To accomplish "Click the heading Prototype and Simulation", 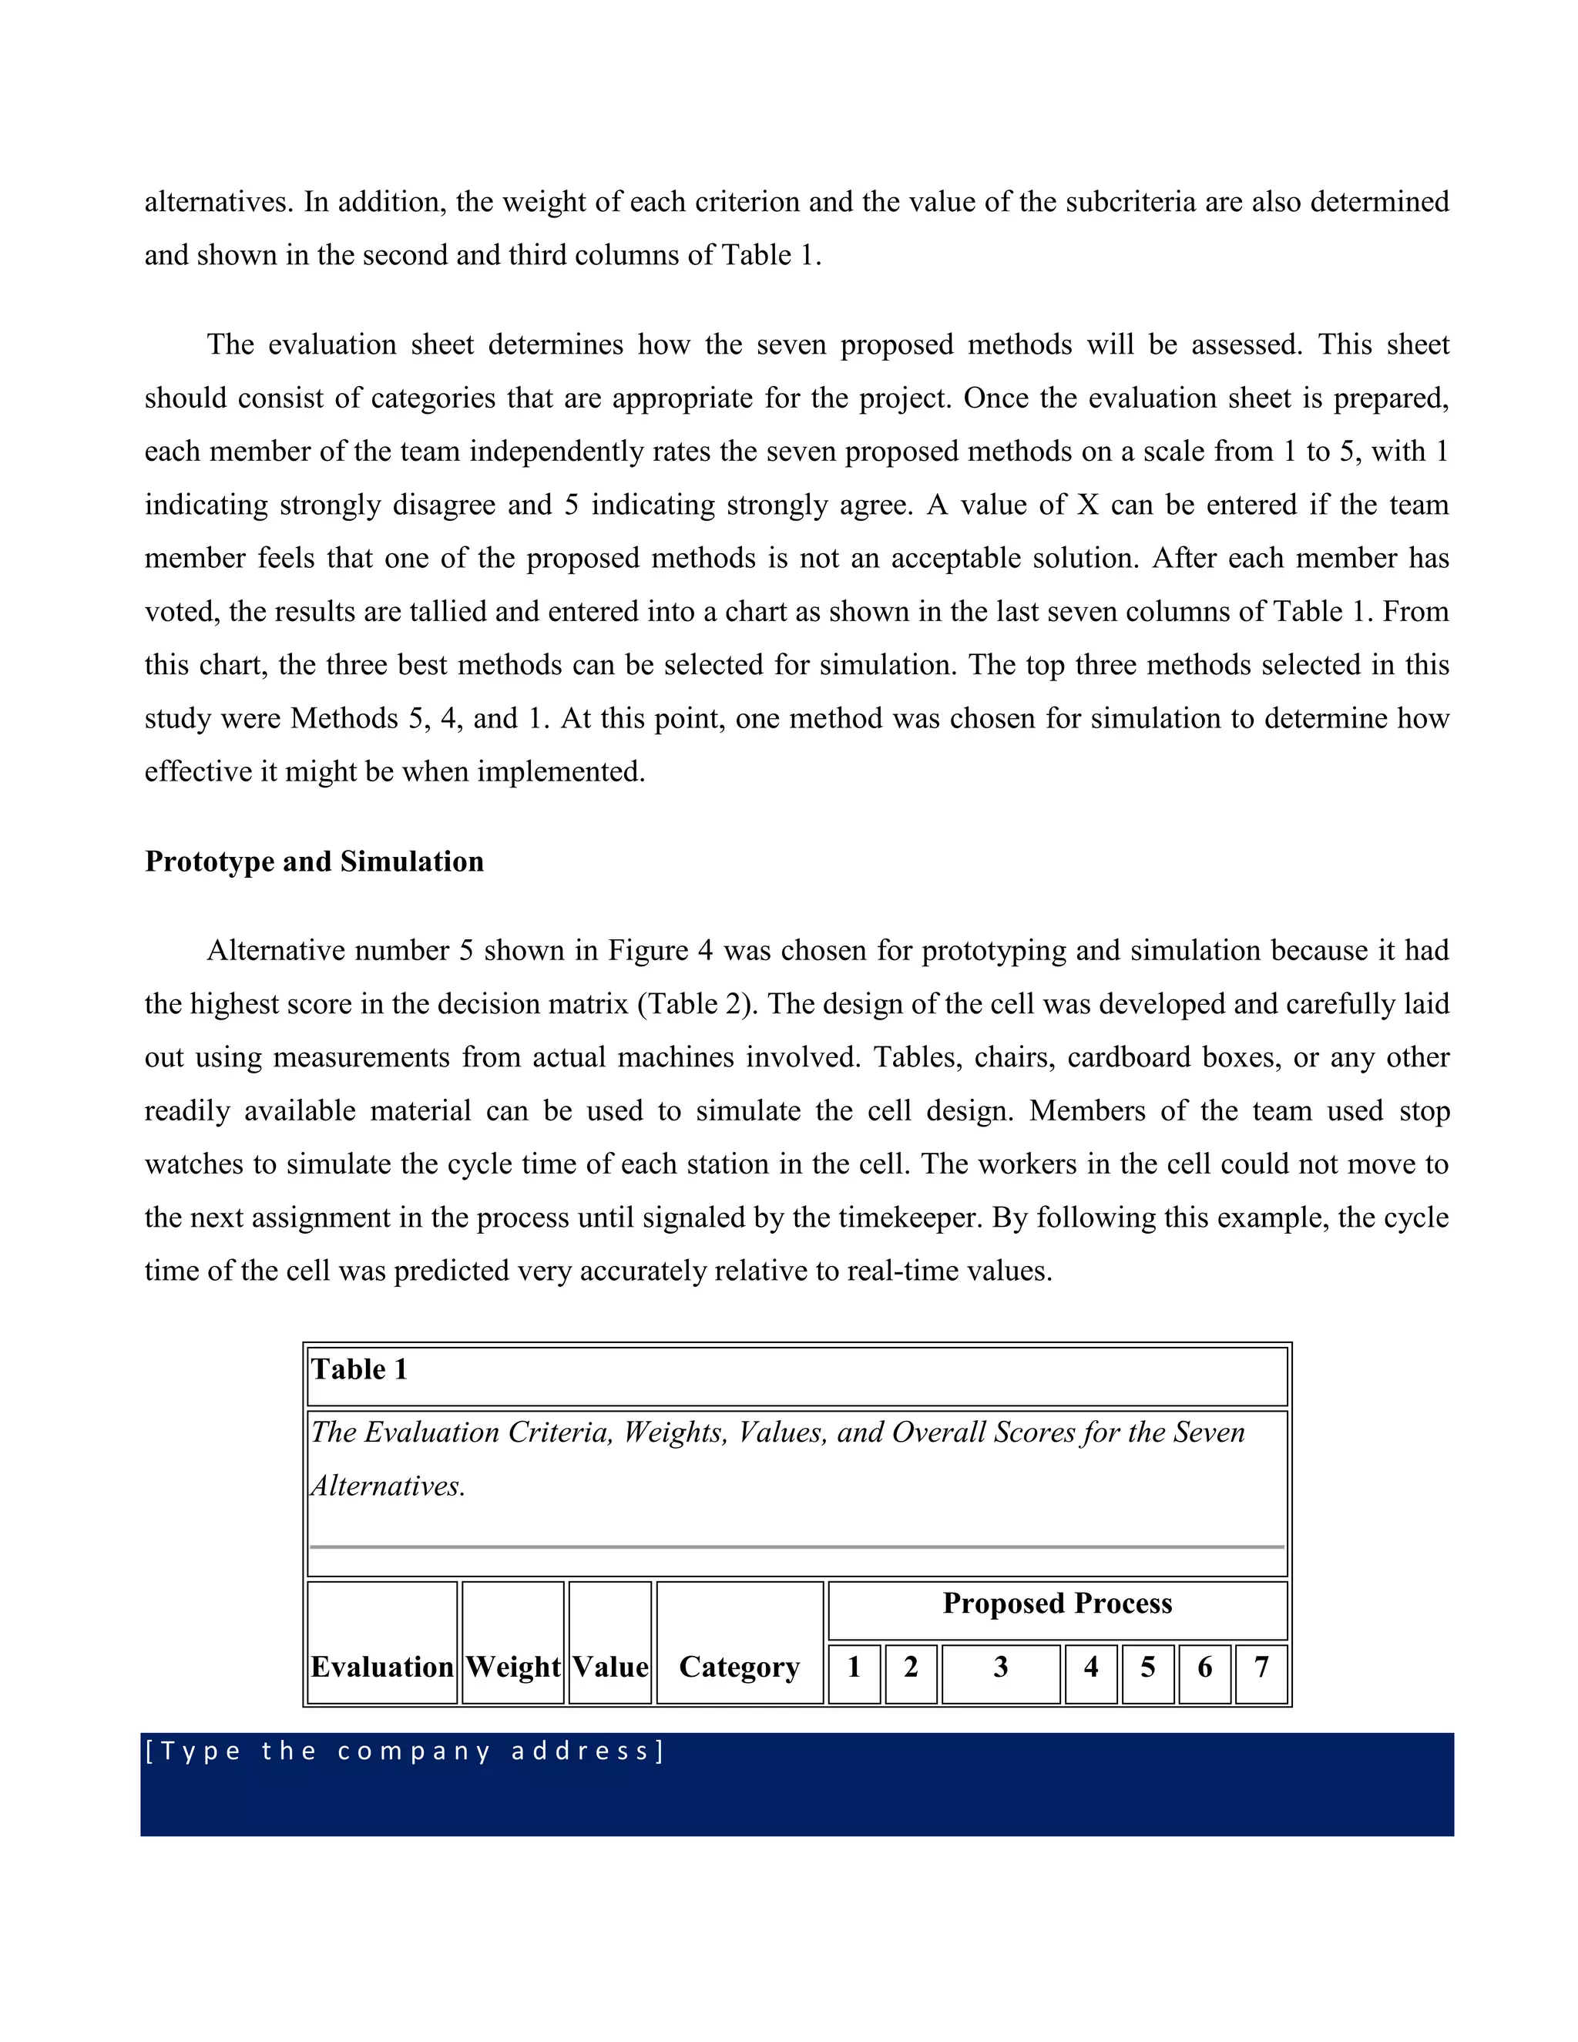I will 314,861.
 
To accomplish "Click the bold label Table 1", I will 359,1369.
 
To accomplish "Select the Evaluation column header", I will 381,1666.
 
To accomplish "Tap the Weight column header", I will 512,1666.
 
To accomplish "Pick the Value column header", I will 609,1666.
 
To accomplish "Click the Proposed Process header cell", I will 1056,1603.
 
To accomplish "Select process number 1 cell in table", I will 854,1666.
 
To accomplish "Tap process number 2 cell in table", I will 911,1666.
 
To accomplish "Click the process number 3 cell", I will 1000,1666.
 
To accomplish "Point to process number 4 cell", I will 1090,1666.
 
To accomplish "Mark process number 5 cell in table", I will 1147,1666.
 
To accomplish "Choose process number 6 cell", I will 1204,1666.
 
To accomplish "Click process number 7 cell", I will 1261,1666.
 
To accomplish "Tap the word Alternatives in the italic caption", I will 387,1486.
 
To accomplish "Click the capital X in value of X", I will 1087,505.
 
